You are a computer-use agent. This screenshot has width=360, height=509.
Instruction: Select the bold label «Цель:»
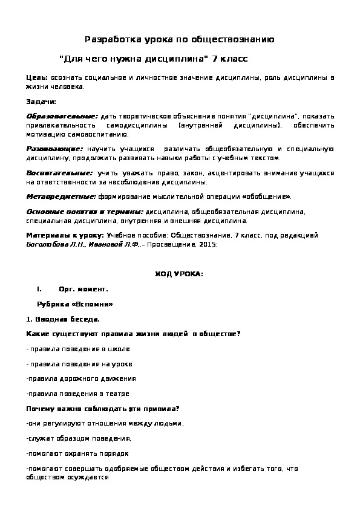38,79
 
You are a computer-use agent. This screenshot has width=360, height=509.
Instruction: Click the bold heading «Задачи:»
41,101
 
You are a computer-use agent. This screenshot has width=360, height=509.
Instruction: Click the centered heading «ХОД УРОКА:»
180,274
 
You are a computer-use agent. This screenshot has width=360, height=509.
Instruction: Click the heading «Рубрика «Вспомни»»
75,304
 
